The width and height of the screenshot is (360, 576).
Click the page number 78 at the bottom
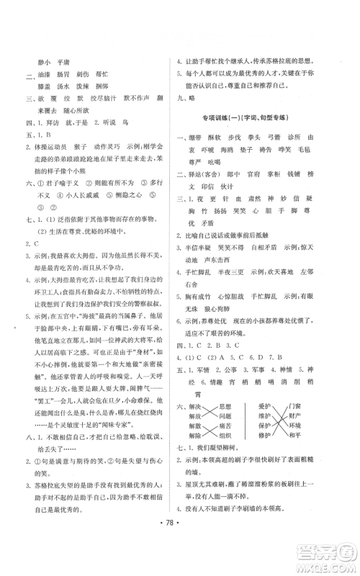(180, 541)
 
